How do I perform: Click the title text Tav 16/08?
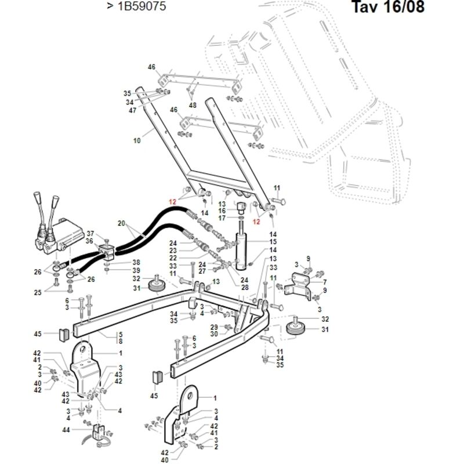(x=388, y=6)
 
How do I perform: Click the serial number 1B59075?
(x=142, y=6)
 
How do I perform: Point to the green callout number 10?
(x=137, y=140)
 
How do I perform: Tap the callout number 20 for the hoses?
(x=121, y=223)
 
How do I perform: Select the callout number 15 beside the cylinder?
(x=273, y=242)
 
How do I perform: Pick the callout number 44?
(x=66, y=429)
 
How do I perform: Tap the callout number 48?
(x=193, y=106)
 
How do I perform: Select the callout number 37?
(x=90, y=234)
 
